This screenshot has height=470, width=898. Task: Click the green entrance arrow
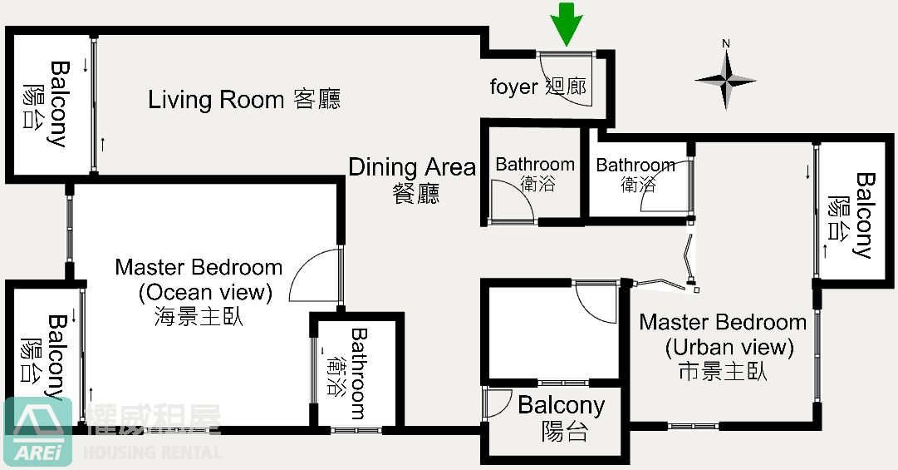[x=567, y=24]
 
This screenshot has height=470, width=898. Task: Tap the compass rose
[x=725, y=80]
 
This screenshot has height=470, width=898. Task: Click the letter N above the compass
[x=725, y=43]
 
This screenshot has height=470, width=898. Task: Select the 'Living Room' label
[x=216, y=99]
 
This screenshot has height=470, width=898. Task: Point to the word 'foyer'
[x=513, y=87]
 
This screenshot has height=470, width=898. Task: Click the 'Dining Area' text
[x=412, y=167]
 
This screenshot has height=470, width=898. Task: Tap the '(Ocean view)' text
[x=205, y=292]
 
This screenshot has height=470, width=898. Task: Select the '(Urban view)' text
[x=729, y=348]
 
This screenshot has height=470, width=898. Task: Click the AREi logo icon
[x=38, y=431]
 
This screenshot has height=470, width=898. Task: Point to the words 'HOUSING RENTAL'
[x=152, y=452]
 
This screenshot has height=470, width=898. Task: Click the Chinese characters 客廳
[x=317, y=99]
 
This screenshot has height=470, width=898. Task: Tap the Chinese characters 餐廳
[x=416, y=193]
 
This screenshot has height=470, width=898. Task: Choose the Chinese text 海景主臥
[x=199, y=317]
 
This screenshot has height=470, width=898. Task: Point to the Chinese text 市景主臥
[x=723, y=372]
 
